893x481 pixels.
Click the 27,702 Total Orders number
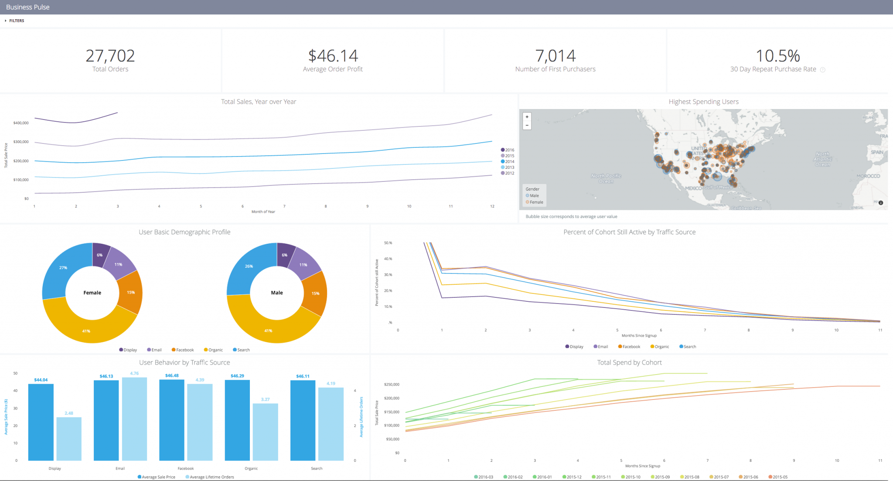point(110,56)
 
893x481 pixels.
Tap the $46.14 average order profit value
point(333,56)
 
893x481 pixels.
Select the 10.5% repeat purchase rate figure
point(777,56)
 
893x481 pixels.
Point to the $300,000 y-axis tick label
point(21,142)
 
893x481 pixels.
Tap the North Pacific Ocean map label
point(606,178)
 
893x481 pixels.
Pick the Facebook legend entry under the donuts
point(183,350)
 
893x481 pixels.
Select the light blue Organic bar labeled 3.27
point(265,432)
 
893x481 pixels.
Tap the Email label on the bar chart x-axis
point(120,468)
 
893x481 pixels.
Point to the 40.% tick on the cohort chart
point(388,259)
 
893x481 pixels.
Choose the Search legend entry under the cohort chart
point(688,347)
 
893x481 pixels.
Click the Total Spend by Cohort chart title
point(629,362)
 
